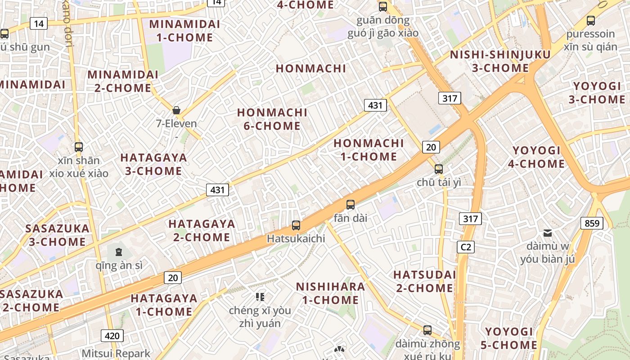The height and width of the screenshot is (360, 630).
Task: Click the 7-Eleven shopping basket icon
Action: (x=176, y=110)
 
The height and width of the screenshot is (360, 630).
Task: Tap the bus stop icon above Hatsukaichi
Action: (x=296, y=225)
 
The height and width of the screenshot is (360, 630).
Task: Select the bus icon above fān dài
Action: (x=351, y=205)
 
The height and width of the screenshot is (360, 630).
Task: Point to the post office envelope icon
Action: (x=548, y=233)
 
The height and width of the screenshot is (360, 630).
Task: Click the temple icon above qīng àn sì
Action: (x=118, y=252)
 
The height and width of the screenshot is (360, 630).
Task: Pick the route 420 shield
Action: (x=112, y=335)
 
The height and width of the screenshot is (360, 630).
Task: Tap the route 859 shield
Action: (x=592, y=223)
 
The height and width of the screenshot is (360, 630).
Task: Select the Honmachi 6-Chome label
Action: (x=272, y=119)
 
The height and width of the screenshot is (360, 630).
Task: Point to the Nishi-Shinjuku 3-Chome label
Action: (x=500, y=62)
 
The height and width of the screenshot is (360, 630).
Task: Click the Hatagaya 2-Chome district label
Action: (x=202, y=230)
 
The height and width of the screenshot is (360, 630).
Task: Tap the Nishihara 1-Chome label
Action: (x=330, y=293)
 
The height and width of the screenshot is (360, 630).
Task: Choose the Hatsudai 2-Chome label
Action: (x=425, y=281)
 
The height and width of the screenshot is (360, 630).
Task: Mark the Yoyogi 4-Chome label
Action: (x=536, y=157)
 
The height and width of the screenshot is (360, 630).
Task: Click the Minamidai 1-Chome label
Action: (x=185, y=31)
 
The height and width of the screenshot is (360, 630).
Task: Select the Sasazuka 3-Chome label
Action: (x=57, y=235)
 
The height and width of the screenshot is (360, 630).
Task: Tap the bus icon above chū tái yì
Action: (x=439, y=169)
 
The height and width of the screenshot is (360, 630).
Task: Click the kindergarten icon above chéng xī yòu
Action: (x=260, y=297)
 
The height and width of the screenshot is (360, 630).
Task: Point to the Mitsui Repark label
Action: (x=116, y=353)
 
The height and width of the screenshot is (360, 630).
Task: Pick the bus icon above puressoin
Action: (x=591, y=20)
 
